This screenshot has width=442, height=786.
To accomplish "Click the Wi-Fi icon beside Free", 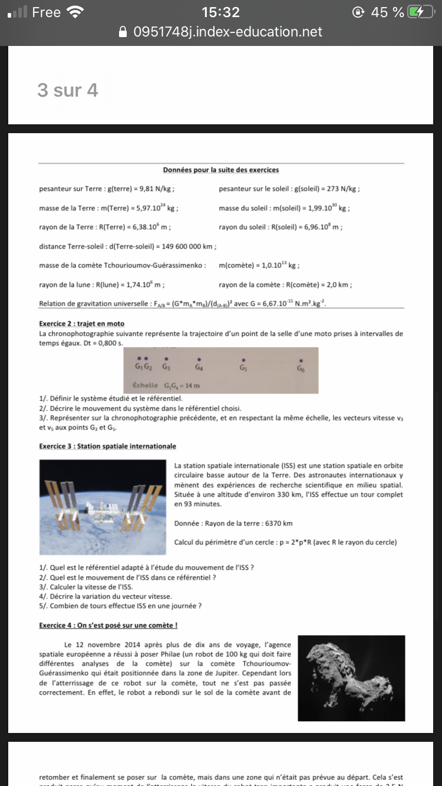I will pyautogui.click(x=75, y=12).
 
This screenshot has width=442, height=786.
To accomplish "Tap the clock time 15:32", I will pyautogui.click(x=220, y=12).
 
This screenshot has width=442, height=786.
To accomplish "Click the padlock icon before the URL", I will pyautogui.click(x=123, y=31).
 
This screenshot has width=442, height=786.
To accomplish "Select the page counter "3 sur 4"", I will pyautogui.click(x=67, y=90).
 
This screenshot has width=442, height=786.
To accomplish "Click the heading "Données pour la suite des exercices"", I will pyautogui.click(x=221, y=170).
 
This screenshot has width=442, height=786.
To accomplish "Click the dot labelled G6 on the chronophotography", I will pyautogui.click(x=301, y=360).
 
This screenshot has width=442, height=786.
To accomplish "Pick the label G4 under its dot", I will pyautogui.click(x=199, y=368).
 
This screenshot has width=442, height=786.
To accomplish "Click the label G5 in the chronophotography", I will pyautogui.click(x=243, y=368).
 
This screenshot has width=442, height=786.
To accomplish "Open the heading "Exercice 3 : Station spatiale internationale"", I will pyautogui.click(x=107, y=446).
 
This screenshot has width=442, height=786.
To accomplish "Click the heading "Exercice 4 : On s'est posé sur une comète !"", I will pyautogui.click(x=108, y=625).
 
